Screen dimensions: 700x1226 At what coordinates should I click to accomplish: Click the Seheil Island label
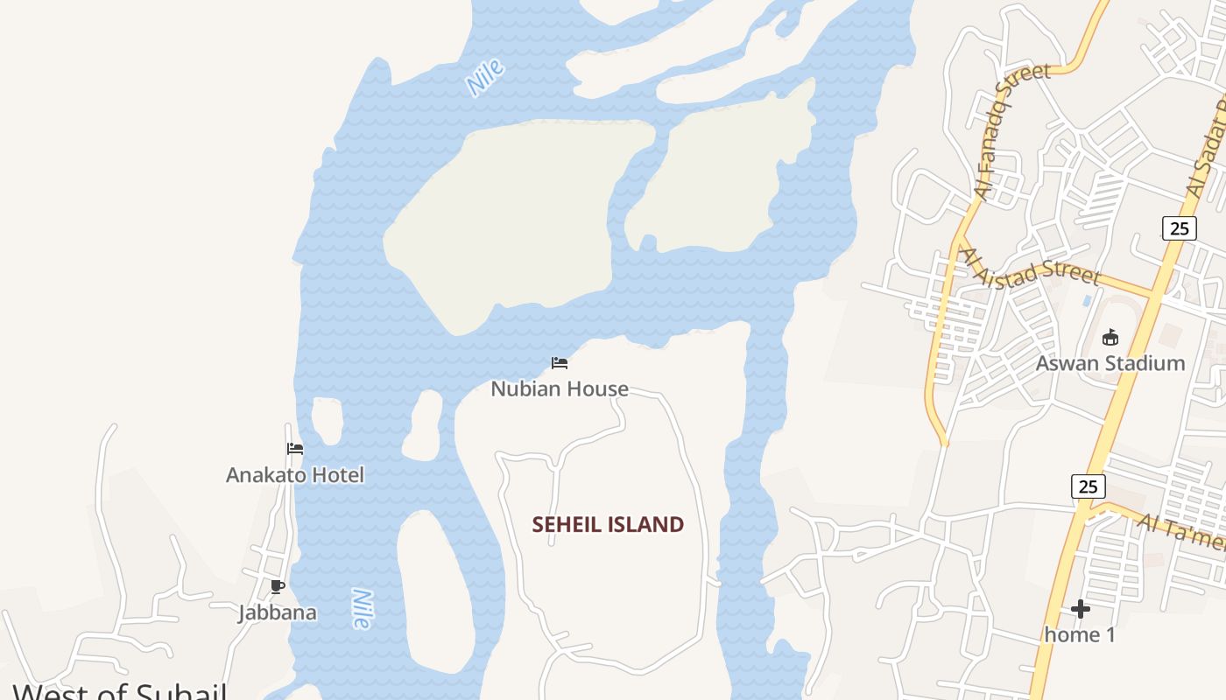(608, 524)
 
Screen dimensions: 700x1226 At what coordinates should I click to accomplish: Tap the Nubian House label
(560, 388)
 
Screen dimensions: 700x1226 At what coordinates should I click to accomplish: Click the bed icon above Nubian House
(560, 363)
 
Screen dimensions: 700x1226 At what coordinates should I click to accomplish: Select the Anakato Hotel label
(295, 475)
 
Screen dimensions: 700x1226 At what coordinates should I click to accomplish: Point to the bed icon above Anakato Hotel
(295, 449)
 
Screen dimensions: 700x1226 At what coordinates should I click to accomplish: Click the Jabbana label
(278, 612)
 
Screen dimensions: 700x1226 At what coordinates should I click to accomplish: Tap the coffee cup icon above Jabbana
(278, 586)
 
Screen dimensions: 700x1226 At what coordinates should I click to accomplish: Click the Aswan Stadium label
(1110, 363)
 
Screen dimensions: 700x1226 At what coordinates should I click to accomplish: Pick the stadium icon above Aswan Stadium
(1110, 337)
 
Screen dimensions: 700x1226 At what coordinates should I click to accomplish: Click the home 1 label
(1080, 634)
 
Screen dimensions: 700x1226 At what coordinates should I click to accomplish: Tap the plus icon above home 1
(1081, 608)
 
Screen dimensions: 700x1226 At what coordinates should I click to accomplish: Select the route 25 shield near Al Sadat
(1179, 228)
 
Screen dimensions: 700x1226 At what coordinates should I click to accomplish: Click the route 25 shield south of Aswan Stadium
(1088, 486)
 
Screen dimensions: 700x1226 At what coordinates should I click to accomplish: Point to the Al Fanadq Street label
(1011, 131)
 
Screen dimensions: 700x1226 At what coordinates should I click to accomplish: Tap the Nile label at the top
(484, 78)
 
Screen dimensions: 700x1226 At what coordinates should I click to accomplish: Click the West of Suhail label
(120, 691)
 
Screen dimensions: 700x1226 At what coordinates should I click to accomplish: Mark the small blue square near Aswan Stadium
(1087, 300)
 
